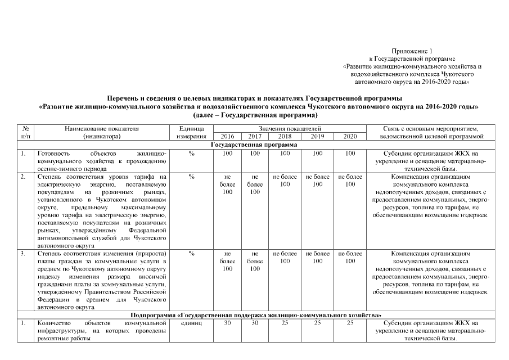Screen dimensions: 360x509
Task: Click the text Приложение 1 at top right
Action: tap(413, 51)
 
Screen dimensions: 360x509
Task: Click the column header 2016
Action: tap(227, 137)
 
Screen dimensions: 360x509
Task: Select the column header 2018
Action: tap(285, 137)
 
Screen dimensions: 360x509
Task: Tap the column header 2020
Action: tap(350, 137)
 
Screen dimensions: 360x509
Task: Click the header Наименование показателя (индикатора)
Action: tap(101, 133)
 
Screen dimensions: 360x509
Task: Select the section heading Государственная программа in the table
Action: tap(254, 145)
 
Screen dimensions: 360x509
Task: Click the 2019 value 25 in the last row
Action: tap(317, 323)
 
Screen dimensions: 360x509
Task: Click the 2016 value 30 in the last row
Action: tap(227, 323)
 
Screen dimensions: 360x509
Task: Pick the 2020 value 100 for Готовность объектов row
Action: tap(350, 152)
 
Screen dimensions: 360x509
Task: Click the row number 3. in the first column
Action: tap(22, 254)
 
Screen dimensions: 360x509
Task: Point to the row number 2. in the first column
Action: tap(22, 176)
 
